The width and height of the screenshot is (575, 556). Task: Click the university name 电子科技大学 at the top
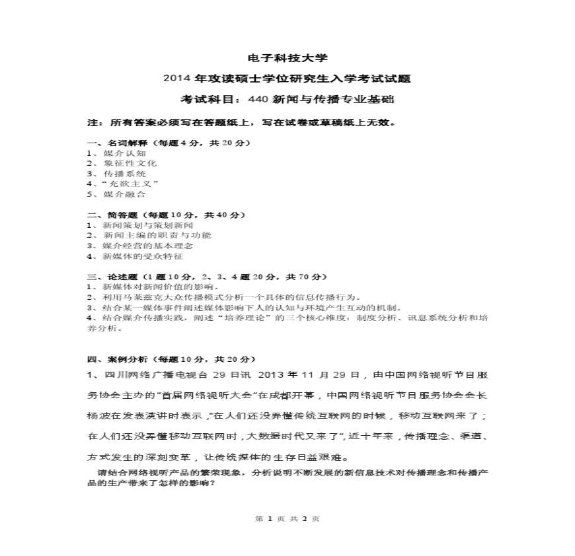click(287, 58)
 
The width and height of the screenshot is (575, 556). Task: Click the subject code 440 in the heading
click(256, 99)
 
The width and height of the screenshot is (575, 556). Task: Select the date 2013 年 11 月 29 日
click(310, 375)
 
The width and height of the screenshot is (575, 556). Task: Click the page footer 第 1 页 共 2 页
click(287, 518)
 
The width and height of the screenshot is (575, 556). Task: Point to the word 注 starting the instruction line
click(92, 123)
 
